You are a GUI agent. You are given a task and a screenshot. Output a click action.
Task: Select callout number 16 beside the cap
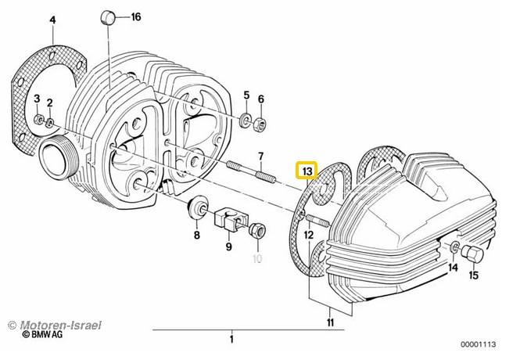135,17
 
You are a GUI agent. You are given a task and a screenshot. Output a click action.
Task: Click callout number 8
197,234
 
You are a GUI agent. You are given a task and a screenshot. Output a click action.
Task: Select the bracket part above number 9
229,220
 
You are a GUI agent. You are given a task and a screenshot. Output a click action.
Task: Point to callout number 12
308,234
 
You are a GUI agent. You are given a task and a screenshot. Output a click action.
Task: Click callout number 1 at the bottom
231,339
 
